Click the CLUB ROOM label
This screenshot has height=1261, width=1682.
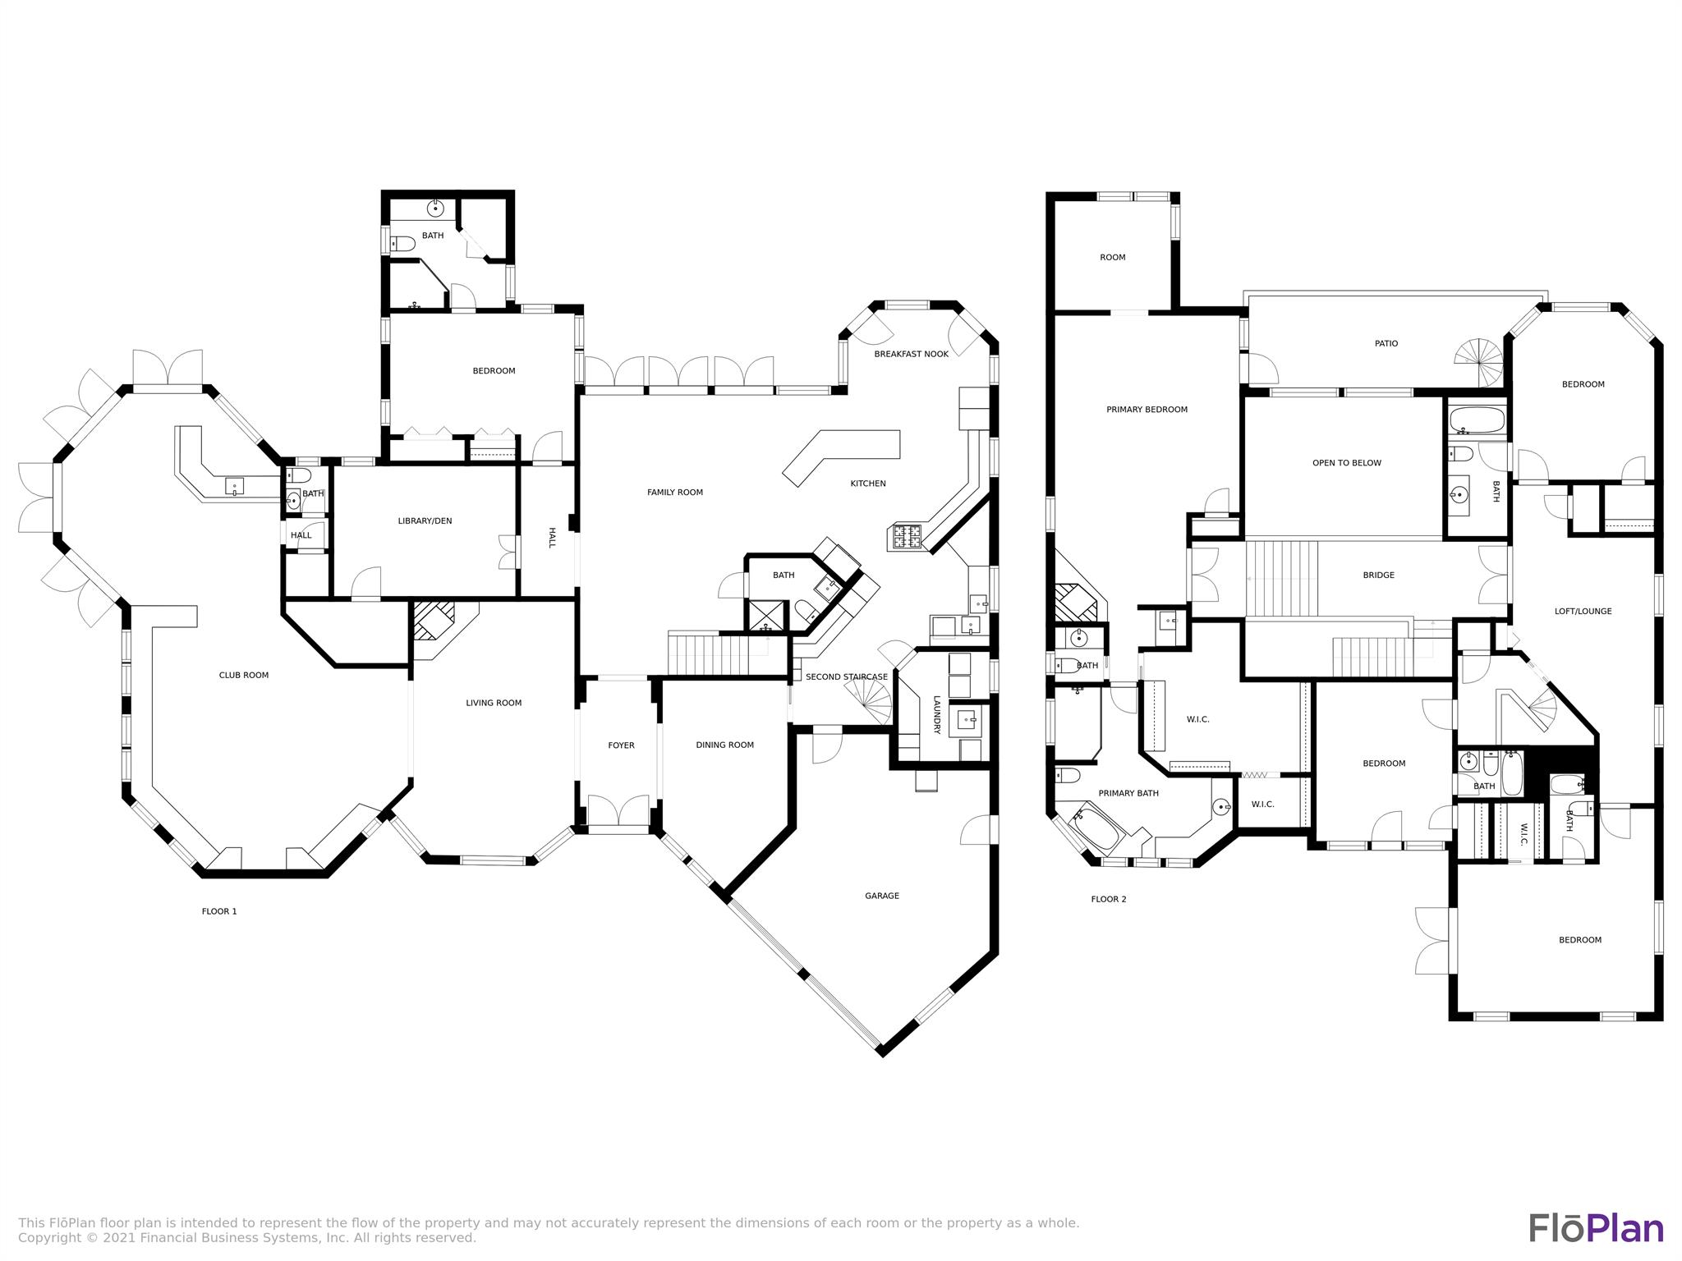[243, 676]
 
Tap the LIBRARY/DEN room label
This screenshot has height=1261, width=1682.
[425, 521]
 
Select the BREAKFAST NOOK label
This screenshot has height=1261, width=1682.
[911, 355]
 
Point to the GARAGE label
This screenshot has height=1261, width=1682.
[881, 896]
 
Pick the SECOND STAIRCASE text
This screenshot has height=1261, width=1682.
[846, 677]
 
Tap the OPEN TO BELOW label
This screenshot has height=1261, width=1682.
[1346, 463]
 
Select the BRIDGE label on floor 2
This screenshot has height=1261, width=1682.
[1378, 575]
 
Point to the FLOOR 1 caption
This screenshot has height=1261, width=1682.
[219, 911]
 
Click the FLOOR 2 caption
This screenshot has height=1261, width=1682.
[1108, 899]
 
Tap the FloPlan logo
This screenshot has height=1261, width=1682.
[1596, 1228]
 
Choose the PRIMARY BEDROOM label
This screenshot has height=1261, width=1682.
[1147, 410]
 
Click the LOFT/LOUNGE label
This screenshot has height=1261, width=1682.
[1583, 612]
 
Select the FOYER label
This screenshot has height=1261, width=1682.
[621, 745]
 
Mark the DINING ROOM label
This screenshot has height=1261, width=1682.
[724, 745]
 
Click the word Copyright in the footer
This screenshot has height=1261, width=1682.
[46, 1237]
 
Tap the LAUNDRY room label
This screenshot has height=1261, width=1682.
[935, 715]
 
